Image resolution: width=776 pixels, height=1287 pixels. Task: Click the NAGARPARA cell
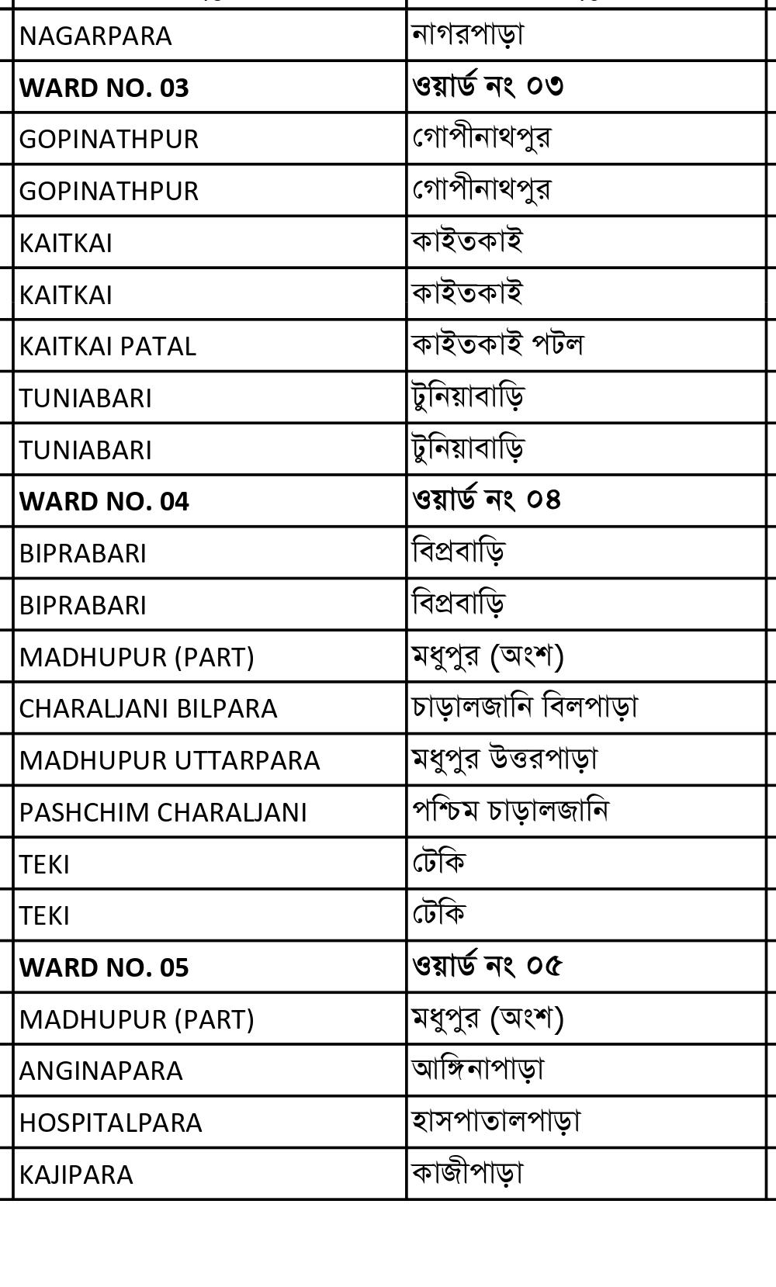point(95,36)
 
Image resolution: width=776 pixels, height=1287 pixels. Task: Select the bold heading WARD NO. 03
point(104,88)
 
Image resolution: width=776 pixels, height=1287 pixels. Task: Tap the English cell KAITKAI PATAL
point(108,346)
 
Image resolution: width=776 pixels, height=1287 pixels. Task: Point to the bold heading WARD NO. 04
point(104,501)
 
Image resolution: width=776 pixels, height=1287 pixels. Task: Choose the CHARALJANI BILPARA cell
point(148,708)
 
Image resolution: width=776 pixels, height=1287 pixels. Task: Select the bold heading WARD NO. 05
point(104,967)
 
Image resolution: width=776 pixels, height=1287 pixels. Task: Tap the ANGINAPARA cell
point(101,1071)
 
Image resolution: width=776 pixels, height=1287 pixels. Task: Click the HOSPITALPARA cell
point(110,1123)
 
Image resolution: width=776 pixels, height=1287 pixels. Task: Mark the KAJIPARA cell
point(76,1175)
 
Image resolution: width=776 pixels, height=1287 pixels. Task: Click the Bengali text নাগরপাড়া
point(468,34)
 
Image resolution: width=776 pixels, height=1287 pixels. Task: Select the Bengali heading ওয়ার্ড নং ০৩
point(487,85)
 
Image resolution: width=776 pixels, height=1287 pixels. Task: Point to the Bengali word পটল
point(557,344)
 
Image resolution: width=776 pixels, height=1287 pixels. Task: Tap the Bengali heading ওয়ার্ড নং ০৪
point(487,499)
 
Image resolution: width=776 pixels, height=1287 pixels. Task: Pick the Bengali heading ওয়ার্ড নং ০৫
point(487,965)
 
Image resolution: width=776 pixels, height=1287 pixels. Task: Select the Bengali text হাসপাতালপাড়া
point(497,1120)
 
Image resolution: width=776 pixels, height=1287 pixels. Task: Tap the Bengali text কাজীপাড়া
point(468,1172)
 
